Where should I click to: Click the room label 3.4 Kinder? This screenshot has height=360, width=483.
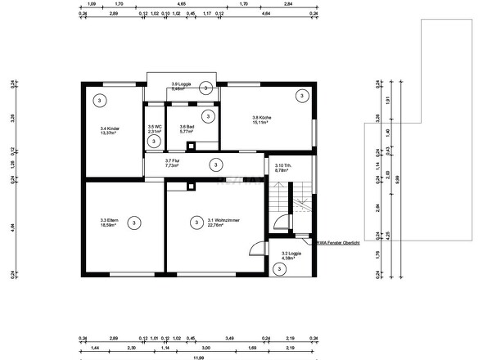click(109, 131)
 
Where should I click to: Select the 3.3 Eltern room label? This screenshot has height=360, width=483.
click(109, 222)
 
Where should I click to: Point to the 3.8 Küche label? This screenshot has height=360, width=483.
click(262, 121)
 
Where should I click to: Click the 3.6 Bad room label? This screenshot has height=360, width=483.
click(187, 129)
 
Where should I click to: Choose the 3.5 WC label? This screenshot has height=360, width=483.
click(155, 129)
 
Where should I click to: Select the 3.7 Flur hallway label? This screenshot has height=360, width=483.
click(172, 163)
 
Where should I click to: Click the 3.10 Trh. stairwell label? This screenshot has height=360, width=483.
click(284, 168)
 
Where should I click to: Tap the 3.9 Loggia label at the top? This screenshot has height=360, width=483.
click(181, 86)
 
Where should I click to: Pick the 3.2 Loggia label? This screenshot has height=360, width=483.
click(291, 258)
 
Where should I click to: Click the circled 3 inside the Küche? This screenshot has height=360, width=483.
click(302, 97)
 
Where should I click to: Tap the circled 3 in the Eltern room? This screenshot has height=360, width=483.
click(134, 222)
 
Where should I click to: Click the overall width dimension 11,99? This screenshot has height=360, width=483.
click(198, 357)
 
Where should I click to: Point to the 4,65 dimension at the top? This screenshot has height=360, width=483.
click(180, 4)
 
